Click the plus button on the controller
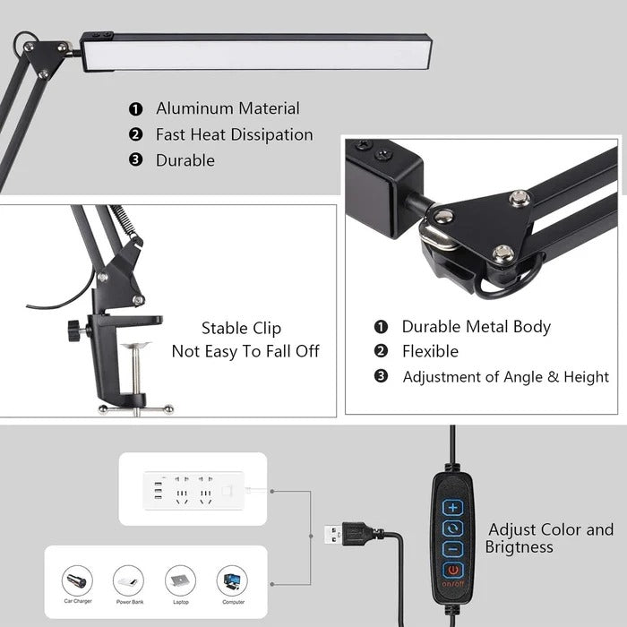pos(452,507)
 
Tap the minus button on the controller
pos(452,548)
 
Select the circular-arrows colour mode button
pos(452,528)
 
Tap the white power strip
pos(193,489)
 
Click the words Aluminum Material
pos(228,108)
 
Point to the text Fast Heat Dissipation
pos(234,134)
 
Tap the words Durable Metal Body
pos(476,327)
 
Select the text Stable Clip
pos(241,329)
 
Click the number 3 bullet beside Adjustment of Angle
pos(381,376)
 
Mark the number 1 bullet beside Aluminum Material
pos(135,109)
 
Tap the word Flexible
pos(430,351)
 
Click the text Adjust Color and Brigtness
pos(550,537)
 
